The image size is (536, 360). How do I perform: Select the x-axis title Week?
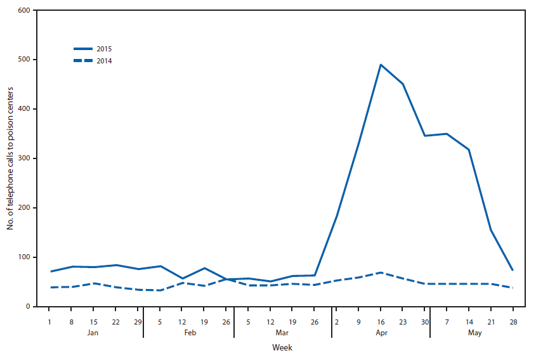click(x=282, y=347)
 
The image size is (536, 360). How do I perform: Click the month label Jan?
click(x=93, y=331)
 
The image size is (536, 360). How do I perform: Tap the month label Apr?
click(x=381, y=331)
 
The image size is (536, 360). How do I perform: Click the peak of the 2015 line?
click(x=381, y=65)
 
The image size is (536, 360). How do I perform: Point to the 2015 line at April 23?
click(x=403, y=84)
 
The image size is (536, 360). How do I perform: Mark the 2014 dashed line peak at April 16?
click(x=381, y=273)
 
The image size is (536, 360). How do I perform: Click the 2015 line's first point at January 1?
click(x=49, y=271)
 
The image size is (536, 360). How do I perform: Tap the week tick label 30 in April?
click(x=425, y=321)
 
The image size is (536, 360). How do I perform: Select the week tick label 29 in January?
click(x=138, y=321)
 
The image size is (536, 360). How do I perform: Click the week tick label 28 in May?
click(x=513, y=321)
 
